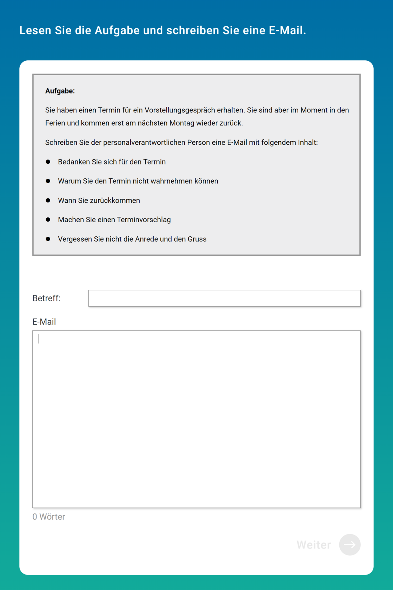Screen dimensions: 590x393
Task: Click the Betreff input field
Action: tap(224, 298)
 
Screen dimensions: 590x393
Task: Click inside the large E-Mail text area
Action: tap(196, 419)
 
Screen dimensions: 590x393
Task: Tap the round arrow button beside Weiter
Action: tap(349, 545)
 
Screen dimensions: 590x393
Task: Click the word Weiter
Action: tap(314, 545)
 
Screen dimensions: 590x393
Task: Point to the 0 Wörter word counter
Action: tap(49, 517)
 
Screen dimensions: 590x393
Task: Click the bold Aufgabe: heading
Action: tap(60, 91)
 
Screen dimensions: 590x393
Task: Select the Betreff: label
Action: tap(46, 298)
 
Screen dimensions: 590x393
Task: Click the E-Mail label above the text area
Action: tap(44, 322)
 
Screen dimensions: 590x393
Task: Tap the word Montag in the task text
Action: tap(182, 123)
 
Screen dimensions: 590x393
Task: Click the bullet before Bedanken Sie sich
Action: tap(48, 162)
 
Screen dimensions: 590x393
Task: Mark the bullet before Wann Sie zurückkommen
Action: tap(48, 201)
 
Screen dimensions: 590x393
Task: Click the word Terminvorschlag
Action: tap(144, 220)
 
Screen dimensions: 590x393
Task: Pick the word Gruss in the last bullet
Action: tap(197, 239)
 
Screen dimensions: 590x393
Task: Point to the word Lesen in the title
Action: tap(35, 31)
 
